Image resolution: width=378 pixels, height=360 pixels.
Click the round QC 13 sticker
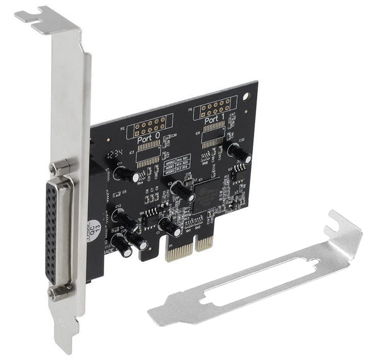tap(95, 228)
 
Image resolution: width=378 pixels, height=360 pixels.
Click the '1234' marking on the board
tap(115, 154)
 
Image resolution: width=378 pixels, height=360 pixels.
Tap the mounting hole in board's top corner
tap(246, 97)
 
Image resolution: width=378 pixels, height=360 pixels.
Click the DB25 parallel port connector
tap(59, 231)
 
